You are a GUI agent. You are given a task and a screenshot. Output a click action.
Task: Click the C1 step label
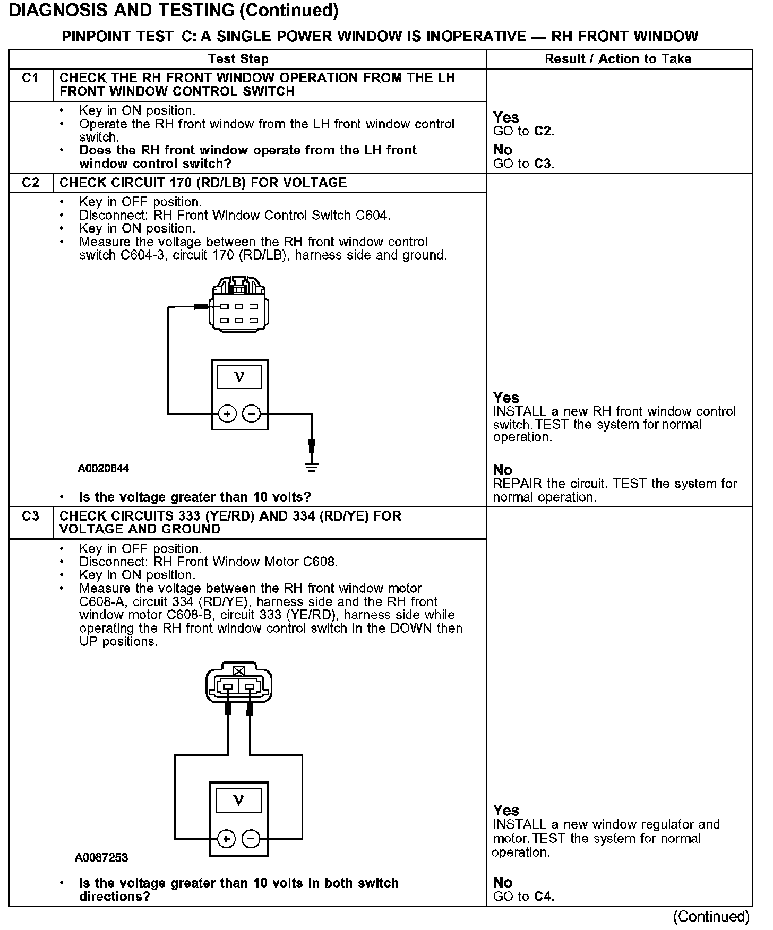point(31,79)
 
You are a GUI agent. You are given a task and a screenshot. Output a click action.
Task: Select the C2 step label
point(31,183)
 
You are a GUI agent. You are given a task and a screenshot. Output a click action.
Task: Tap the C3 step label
point(31,516)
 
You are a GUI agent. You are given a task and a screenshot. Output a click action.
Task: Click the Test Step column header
point(238,59)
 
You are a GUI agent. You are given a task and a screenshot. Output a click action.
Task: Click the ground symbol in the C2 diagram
point(312,467)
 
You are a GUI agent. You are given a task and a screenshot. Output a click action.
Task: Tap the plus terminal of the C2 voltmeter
point(227,414)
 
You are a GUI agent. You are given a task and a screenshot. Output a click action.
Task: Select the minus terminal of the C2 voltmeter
point(252,414)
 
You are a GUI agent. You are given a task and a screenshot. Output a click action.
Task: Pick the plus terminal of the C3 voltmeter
point(227,839)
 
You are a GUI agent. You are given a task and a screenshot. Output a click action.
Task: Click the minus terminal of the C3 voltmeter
point(251,839)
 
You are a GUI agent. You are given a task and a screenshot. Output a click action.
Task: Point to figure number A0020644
point(104,469)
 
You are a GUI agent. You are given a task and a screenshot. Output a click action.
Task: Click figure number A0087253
point(101,858)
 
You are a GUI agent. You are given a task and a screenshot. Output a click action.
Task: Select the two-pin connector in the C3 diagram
point(238,685)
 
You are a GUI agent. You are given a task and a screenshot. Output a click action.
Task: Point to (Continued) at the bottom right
point(711,917)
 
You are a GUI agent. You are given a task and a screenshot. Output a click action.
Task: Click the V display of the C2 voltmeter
point(239,377)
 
